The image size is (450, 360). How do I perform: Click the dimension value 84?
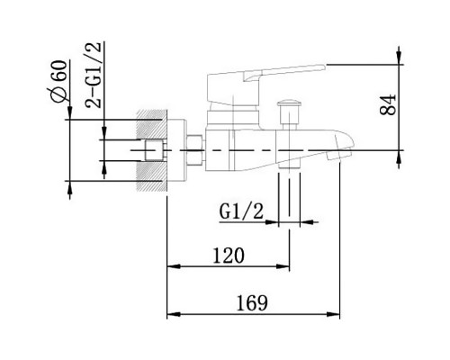pyautogui.click(x=388, y=104)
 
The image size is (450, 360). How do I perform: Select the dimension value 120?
pyautogui.click(x=229, y=256)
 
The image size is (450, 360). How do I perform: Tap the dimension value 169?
pyautogui.click(x=252, y=303)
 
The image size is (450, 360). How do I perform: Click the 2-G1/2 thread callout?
pyautogui.click(x=94, y=75)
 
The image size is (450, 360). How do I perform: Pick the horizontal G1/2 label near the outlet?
pyautogui.click(x=241, y=211)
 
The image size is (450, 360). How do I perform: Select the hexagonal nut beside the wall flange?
pyautogui.click(x=195, y=150)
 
